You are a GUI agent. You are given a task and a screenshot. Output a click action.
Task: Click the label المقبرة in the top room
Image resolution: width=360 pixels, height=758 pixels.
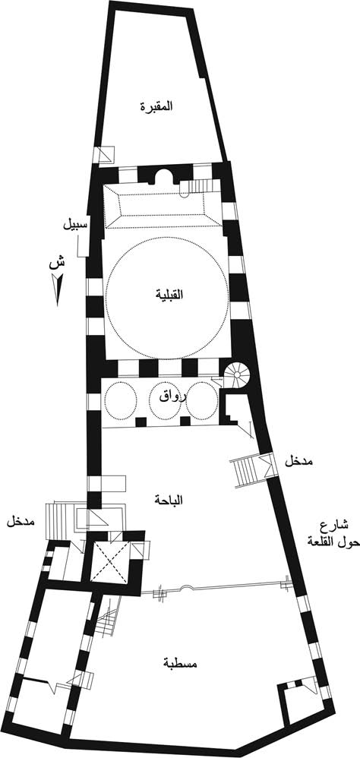tap(156, 106)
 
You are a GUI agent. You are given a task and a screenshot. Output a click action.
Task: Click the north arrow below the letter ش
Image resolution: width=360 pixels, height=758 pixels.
tap(57, 289)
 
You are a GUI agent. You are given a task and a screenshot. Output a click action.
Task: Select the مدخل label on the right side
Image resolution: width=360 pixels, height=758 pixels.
tap(298, 461)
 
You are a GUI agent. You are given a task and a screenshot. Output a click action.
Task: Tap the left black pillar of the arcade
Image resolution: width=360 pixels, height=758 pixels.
tap(141, 422)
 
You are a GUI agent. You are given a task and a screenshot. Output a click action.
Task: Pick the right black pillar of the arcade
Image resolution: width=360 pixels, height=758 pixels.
tap(185, 421)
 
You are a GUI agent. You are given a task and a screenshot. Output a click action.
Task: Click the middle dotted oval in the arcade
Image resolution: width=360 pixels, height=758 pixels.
tap(165, 401)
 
